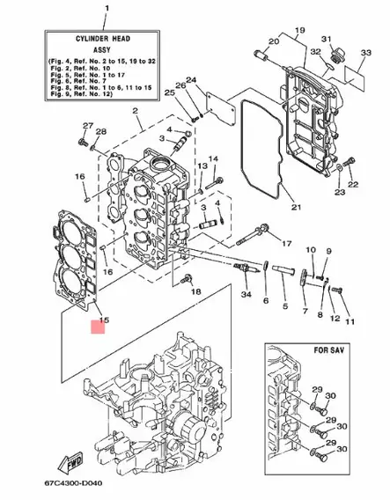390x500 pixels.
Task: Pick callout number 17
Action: [x=286, y=242]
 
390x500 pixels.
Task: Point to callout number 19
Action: [x=298, y=31]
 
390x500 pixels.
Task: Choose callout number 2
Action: [x=136, y=111]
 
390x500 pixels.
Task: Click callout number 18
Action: [x=197, y=291]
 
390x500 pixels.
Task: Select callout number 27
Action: [x=87, y=126]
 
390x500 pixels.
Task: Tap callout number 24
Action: [x=191, y=81]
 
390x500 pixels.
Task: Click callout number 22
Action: [x=354, y=186]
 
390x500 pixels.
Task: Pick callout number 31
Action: [x=326, y=40]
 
